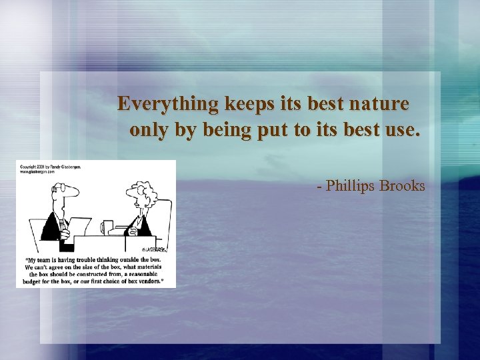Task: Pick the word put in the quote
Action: point(273,131)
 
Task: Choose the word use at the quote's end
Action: point(403,129)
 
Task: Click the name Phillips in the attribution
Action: point(350,185)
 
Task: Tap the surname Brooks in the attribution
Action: point(402,185)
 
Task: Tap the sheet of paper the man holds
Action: point(79,226)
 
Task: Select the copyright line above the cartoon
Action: point(50,166)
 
